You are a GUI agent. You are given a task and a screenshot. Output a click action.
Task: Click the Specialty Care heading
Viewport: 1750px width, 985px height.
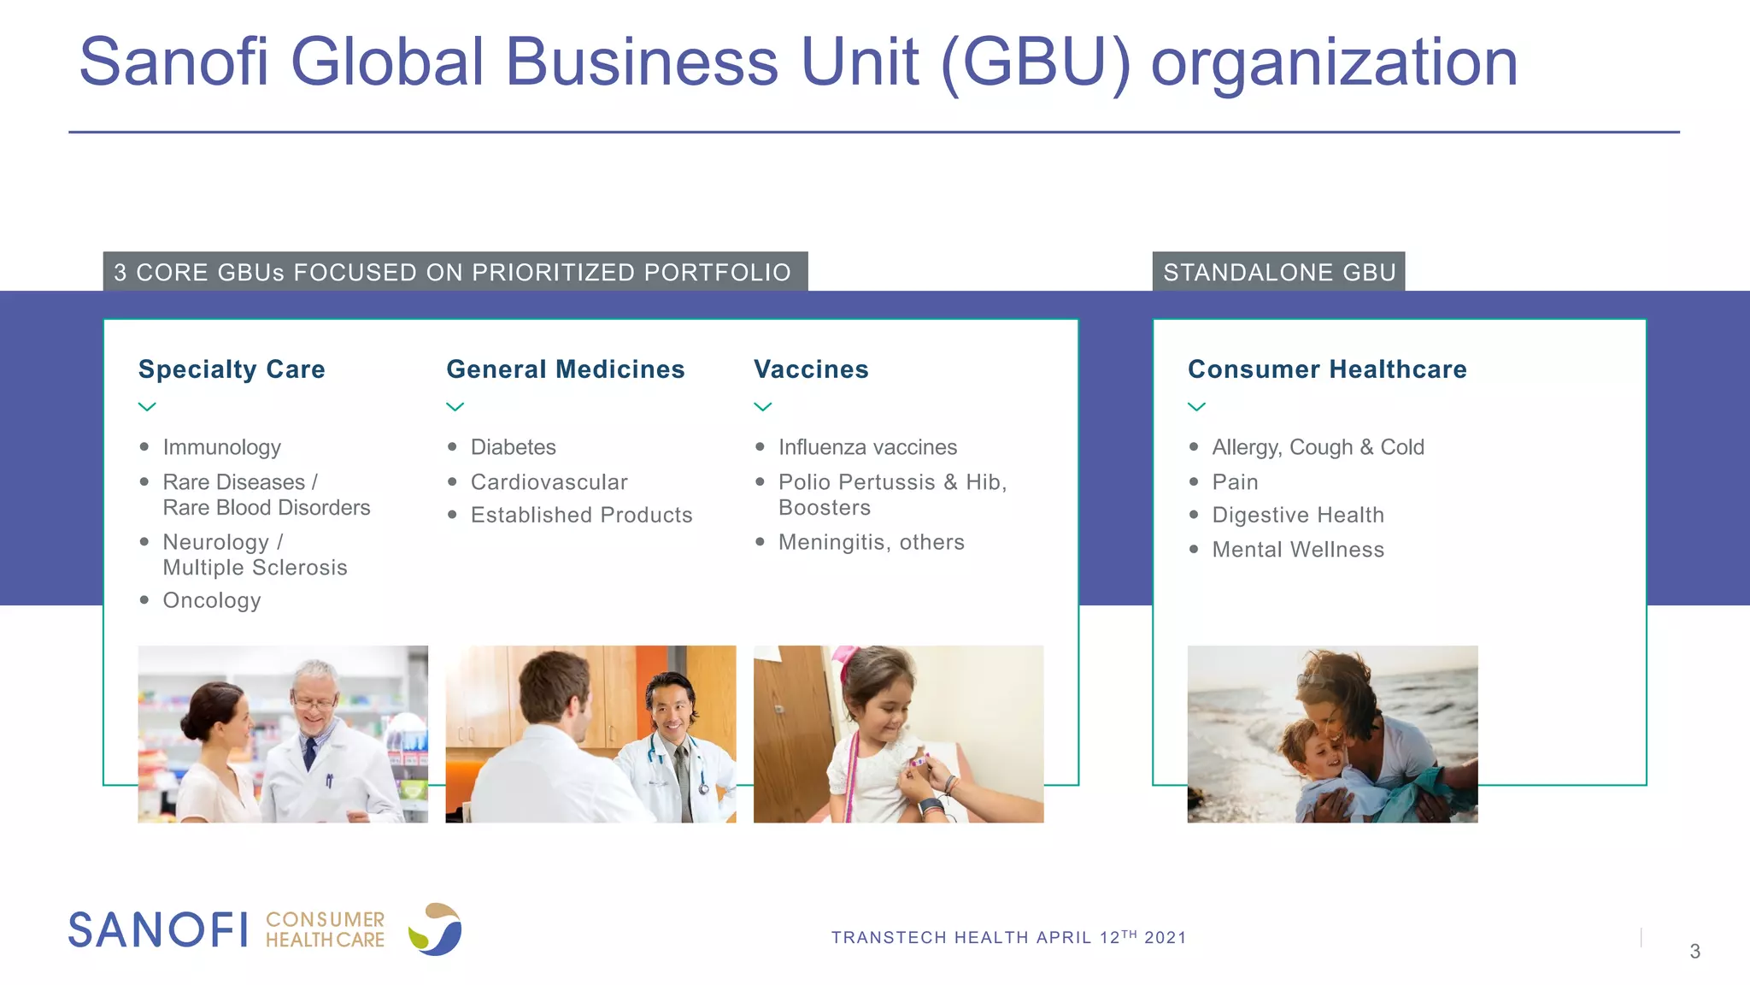(x=232, y=369)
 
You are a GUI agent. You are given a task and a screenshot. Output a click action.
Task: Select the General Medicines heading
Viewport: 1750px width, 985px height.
(x=565, y=369)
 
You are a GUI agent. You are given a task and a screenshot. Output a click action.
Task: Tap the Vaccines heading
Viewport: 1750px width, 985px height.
(x=811, y=369)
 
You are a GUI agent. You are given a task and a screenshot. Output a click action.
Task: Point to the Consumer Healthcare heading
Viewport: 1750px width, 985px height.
(x=1327, y=369)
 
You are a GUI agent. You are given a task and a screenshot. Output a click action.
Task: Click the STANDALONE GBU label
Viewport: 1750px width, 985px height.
(x=1279, y=272)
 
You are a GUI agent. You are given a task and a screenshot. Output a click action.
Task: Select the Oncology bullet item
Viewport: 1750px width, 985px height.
(x=212, y=600)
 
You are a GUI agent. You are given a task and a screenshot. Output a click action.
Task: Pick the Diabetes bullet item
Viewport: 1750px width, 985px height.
(x=513, y=447)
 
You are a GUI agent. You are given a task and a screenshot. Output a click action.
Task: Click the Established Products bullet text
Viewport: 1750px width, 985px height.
(x=581, y=515)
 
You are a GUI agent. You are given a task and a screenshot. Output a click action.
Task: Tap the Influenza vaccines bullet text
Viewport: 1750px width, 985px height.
(x=867, y=447)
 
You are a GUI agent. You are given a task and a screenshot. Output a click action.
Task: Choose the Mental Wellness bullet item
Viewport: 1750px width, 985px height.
(x=1298, y=550)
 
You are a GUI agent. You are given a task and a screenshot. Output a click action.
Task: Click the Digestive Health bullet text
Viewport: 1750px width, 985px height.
(x=1298, y=515)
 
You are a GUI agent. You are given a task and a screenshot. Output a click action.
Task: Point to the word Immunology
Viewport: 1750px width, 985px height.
(x=221, y=447)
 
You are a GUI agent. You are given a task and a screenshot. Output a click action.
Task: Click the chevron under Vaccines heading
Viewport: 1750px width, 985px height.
(x=763, y=407)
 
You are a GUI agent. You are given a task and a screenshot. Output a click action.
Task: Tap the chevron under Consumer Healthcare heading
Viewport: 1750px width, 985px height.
(x=1197, y=407)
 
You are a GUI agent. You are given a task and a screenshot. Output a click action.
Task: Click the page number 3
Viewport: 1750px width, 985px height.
(x=1694, y=952)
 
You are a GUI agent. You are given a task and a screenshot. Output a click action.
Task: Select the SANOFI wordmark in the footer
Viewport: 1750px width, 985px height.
(x=158, y=929)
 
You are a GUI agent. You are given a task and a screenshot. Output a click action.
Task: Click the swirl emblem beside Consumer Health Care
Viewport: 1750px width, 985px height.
(x=436, y=929)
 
